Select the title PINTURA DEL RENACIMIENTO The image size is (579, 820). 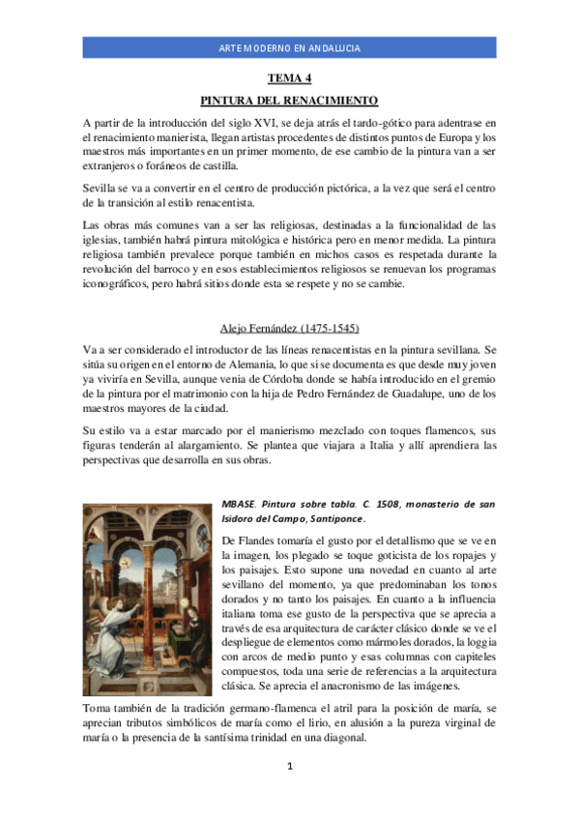click(288, 101)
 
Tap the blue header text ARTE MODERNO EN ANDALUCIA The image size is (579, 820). click(289, 48)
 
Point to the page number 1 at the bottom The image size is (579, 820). click(289, 767)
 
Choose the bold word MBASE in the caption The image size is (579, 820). click(239, 505)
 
